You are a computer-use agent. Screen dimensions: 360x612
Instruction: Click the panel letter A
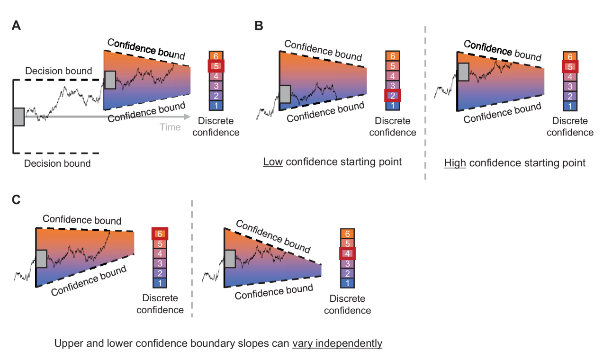pyautogui.click(x=16, y=27)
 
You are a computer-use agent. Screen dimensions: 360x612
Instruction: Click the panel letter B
pyautogui.click(x=259, y=27)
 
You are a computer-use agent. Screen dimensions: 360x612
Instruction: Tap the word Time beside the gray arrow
pyautogui.click(x=170, y=127)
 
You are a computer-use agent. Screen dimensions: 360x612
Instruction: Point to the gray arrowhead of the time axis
pyautogui.click(x=188, y=117)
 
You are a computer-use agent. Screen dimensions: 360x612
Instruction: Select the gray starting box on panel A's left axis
pyautogui.click(x=18, y=117)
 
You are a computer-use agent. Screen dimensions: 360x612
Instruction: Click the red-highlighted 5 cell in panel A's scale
pyautogui.click(x=216, y=66)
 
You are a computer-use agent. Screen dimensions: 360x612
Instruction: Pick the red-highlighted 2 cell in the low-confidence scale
pyautogui.click(x=393, y=96)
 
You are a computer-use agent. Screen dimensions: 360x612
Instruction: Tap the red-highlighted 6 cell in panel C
pyautogui.click(x=160, y=234)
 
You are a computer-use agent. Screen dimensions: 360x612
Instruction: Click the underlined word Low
pyautogui.click(x=273, y=162)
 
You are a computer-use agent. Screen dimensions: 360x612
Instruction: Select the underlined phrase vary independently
pyautogui.click(x=337, y=343)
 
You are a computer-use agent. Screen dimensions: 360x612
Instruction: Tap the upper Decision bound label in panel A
pyautogui.click(x=59, y=72)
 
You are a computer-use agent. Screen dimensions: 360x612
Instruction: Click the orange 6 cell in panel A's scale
pyautogui.click(x=216, y=56)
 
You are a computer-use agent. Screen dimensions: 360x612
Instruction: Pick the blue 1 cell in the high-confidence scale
pyautogui.click(x=570, y=106)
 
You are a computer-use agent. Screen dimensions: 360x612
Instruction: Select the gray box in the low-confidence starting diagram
pyautogui.click(x=285, y=94)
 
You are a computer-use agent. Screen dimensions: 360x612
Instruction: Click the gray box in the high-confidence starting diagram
pyautogui.click(x=463, y=72)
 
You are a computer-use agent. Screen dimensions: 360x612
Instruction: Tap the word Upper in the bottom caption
pyautogui.click(x=68, y=343)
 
